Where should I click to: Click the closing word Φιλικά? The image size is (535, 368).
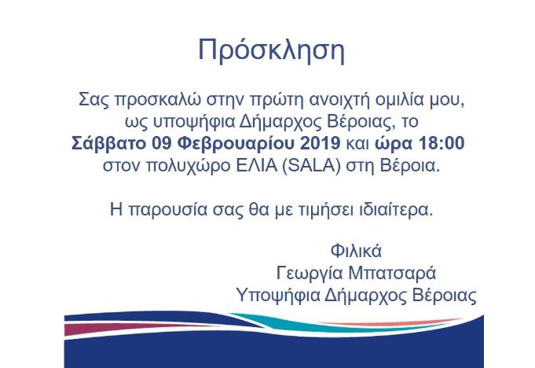(x=357, y=252)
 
